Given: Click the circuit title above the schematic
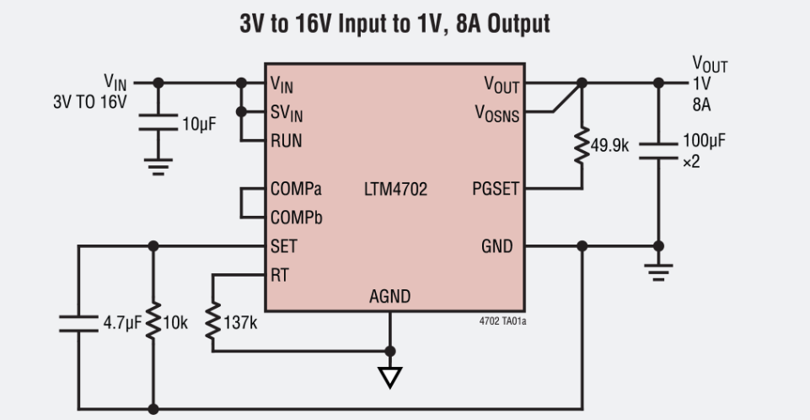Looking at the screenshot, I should pyautogui.click(x=395, y=23).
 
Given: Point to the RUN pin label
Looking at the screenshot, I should pyautogui.click(x=286, y=140).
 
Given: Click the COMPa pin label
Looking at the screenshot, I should pyautogui.click(x=296, y=189).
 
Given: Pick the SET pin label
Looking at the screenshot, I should pyautogui.click(x=283, y=246).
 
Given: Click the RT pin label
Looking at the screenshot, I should pyautogui.click(x=280, y=274).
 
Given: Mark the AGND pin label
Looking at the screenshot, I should pyautogui.click(x=390, y=296).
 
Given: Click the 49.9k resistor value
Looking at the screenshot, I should pyautogui.click(x=609, y=145).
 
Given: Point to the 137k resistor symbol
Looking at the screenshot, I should pyautogui.click(x=213, y=322).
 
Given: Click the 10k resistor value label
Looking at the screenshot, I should pyautogui.click(x=178, y=322).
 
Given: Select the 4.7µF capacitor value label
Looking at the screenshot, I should pyautogui.click(x=123, y=322).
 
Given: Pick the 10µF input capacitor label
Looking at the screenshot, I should pyautogui.click(x=199, y=124).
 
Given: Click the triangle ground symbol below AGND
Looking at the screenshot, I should pyautogui.click(x=389, y=377).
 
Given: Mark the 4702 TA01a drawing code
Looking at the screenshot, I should pyautogui.click(x=504, y=320).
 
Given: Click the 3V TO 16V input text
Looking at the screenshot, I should pyautogui.click(x=89, y=102).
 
